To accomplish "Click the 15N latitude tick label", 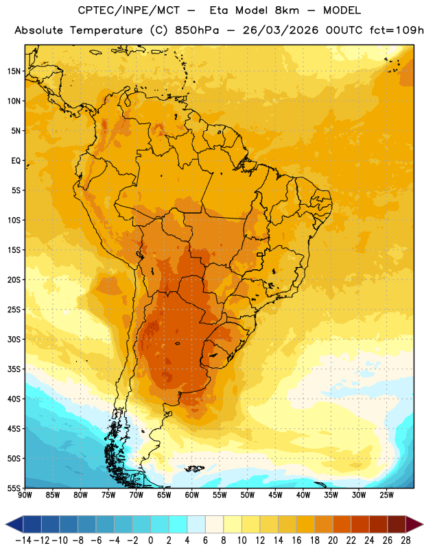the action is (x=14, y=71).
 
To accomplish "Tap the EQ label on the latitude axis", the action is (x=16, y=161).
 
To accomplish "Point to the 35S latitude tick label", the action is (x=14, y=369).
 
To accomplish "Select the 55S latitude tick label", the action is (x=14, y=488).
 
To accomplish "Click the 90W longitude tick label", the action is (x=25, y=495).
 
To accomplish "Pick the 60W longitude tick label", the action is (x=192, y=495).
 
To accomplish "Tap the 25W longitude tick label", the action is (x=387, y=495).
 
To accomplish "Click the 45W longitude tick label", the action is (x=276, y=495).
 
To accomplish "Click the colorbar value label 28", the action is (x=405, y=540).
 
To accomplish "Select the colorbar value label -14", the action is (x=23, y=540).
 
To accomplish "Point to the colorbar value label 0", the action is (x=150, y=540).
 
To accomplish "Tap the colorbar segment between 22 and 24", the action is (x=360, y=525).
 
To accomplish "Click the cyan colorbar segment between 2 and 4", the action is (x=178, y=525).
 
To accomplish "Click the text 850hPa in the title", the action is (x=197, y=30).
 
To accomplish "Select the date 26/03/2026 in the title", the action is (x=281, y=30).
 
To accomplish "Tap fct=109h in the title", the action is (x=397, y=30).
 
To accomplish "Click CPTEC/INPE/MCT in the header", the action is (x=129, y=10).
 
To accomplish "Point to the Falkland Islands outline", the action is (x=194, y=469).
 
